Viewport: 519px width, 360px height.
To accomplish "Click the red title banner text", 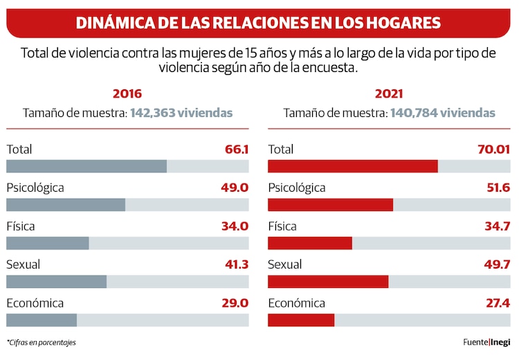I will pos(258,23).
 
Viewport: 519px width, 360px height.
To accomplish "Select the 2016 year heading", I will pos(127,94).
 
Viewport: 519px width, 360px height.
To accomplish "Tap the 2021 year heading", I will pos(389,94).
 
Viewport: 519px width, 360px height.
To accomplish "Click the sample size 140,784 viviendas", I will pos(443,113).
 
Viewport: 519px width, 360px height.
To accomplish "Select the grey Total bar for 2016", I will pos(86,166).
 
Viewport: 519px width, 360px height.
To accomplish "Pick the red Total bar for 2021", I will pos(352,166).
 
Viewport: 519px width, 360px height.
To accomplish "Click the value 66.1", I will pos(236,149).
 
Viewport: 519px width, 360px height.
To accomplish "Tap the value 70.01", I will pos(493,149).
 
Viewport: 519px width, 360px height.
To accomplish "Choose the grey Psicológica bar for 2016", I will pos(66,205).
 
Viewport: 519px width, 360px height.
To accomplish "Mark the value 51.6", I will pos(496,188).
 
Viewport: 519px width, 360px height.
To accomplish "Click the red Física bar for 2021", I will pos(309,243).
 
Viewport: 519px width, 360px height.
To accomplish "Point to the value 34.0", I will pos(235,226).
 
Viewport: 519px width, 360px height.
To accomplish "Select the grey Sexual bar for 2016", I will pos(56,281).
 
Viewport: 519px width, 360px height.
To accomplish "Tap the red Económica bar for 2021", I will pos(300,320).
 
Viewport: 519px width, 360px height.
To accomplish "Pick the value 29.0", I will pos(235,303).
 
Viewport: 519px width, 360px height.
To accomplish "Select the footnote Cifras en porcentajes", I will pos(42,343).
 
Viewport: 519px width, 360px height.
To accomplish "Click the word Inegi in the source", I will pos(502,342).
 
